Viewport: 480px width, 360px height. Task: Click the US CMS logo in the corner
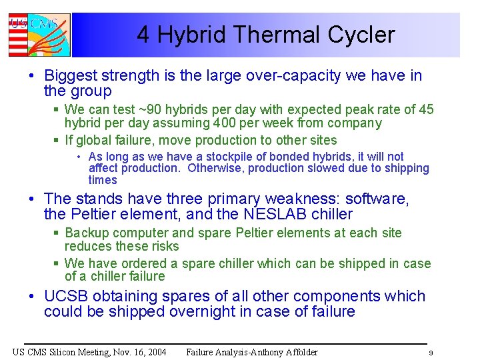(38, 35)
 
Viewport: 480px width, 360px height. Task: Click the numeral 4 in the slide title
(143, 35)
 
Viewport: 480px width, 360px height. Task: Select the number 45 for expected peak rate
(426, 109)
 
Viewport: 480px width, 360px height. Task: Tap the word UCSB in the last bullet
(66, 296)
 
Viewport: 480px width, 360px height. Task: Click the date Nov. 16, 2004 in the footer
(133, 352)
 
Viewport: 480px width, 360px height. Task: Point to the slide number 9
(431, 353)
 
